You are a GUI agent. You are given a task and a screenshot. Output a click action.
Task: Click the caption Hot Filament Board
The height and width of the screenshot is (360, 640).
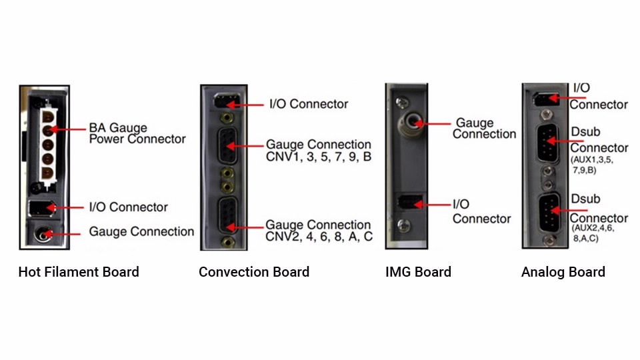[x=79, y=272]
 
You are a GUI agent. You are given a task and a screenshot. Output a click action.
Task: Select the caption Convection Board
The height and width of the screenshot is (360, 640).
[x=254, y=272]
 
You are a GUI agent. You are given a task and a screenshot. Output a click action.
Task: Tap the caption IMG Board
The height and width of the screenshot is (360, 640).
[x=418, y=272]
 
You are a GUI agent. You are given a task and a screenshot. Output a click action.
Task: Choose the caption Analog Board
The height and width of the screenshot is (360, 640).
[x=563, y=272]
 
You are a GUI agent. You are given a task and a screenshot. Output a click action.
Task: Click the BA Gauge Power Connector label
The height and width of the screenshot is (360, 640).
[x=137, y=133]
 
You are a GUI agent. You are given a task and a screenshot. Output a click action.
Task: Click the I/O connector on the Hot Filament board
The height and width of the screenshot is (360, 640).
[x=39, y=208]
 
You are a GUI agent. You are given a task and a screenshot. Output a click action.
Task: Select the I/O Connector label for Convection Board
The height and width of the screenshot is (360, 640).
[x=309, y=104]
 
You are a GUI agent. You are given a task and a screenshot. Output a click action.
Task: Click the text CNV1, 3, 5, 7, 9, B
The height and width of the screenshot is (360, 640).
[x=319, y=157]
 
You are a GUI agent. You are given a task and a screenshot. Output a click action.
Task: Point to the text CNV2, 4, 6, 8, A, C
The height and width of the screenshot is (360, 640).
[x=319, y=237]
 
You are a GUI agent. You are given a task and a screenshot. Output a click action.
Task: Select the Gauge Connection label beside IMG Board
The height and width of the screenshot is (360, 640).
[x=484, y=129]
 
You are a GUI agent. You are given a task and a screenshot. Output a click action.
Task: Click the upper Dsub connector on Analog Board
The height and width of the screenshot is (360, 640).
[x=547, y=143]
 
